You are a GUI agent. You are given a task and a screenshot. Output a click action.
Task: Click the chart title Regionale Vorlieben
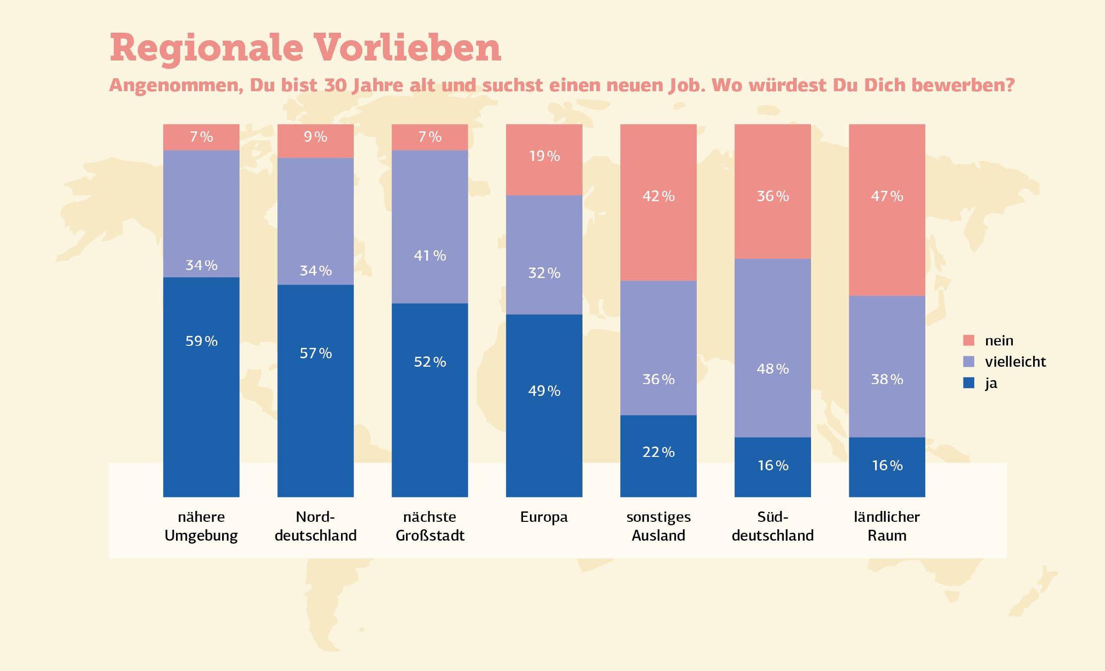[305, 48]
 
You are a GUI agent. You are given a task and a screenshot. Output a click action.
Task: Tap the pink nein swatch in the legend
[969, 340]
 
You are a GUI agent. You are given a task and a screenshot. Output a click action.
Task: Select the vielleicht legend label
[1015, 362]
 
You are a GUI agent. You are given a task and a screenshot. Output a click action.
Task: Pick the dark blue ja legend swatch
[969, 383]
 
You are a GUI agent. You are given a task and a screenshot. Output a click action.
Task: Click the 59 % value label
[201, 341]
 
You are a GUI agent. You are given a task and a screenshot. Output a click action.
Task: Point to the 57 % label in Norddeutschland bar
[315, 353]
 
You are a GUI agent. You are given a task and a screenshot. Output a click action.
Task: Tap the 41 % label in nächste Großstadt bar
[430, 256]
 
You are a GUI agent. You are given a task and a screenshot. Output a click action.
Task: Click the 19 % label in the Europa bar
[544, 156]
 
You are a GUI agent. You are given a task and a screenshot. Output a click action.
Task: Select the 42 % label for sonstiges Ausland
[658, 196]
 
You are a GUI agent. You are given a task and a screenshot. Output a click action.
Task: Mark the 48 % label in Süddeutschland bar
[772, 369]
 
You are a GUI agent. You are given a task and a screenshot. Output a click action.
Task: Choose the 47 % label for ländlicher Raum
[887, 196]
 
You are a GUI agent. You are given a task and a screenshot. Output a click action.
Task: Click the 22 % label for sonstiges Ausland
[658, 452]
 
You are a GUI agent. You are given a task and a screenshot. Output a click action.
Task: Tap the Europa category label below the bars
[544, 517]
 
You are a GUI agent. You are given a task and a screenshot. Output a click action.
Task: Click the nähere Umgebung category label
[201, 526]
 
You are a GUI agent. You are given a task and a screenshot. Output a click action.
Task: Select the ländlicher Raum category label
[887, 526]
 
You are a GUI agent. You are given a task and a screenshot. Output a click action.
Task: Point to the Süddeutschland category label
[772, 526]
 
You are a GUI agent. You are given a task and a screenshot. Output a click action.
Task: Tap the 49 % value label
[544, 391]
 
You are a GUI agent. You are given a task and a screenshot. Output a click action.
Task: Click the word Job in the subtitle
[684, 85]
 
